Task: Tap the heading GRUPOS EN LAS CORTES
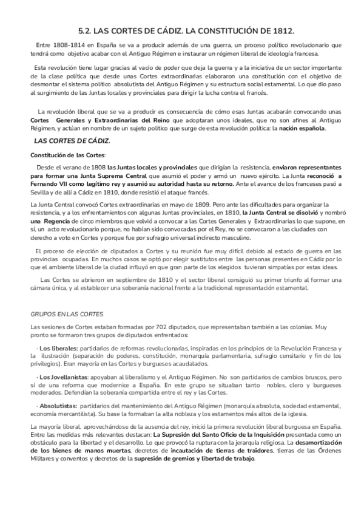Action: (x=67, y=314)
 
